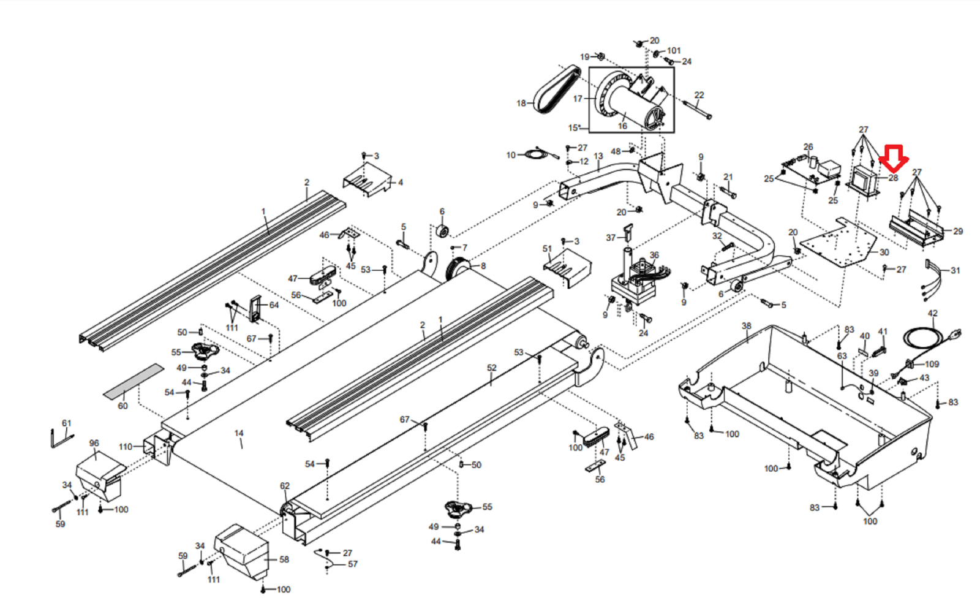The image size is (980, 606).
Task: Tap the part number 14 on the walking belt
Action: [x=239, y=433]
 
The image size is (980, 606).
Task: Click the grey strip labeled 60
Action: [x=134, y=381]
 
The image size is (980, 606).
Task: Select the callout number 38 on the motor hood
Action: [x=746, y=326]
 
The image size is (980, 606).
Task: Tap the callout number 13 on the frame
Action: [x=598, y=156]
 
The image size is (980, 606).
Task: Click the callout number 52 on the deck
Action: [x=492, y=368]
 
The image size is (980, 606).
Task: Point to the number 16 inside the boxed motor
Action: [x=622, y=126]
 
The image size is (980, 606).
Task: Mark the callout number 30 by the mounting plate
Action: [x=884, y=252]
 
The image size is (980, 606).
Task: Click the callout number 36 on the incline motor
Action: [x=654, y=255]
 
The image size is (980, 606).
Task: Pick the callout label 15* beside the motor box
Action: [x=574, y=128]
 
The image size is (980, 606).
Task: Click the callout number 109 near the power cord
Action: [x=932, y=364]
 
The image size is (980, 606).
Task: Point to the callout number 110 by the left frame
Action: [x=126, y=447]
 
